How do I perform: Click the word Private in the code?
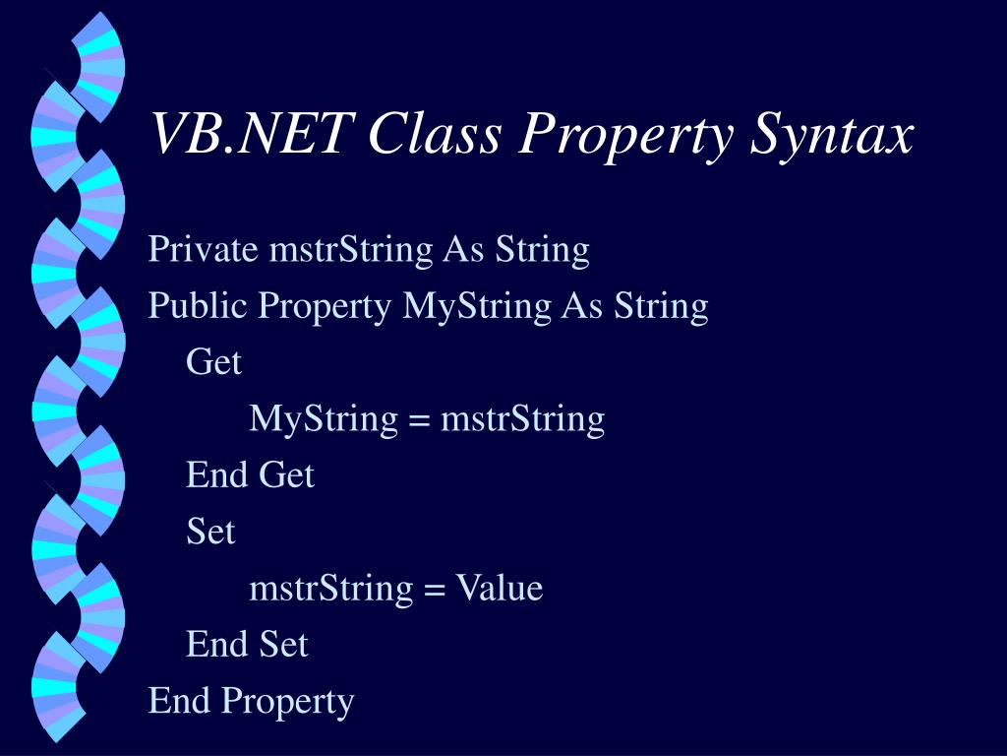click(x=203, y=250)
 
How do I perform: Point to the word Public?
click(x=198, y=306)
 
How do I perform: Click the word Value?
click(x=498, y=589)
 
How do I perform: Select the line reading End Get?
click(x=250, y=475)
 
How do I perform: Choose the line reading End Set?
click(x=247, y=645)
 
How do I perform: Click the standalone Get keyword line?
click(x=213, y=362)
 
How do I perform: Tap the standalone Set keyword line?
click(x=210, y=533)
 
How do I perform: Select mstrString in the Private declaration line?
click(x=350, y=250)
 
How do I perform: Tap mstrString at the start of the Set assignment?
click(x=331, y=589)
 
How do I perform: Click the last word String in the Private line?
click(x=542, y=250)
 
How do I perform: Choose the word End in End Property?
click(x=180, y=701)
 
